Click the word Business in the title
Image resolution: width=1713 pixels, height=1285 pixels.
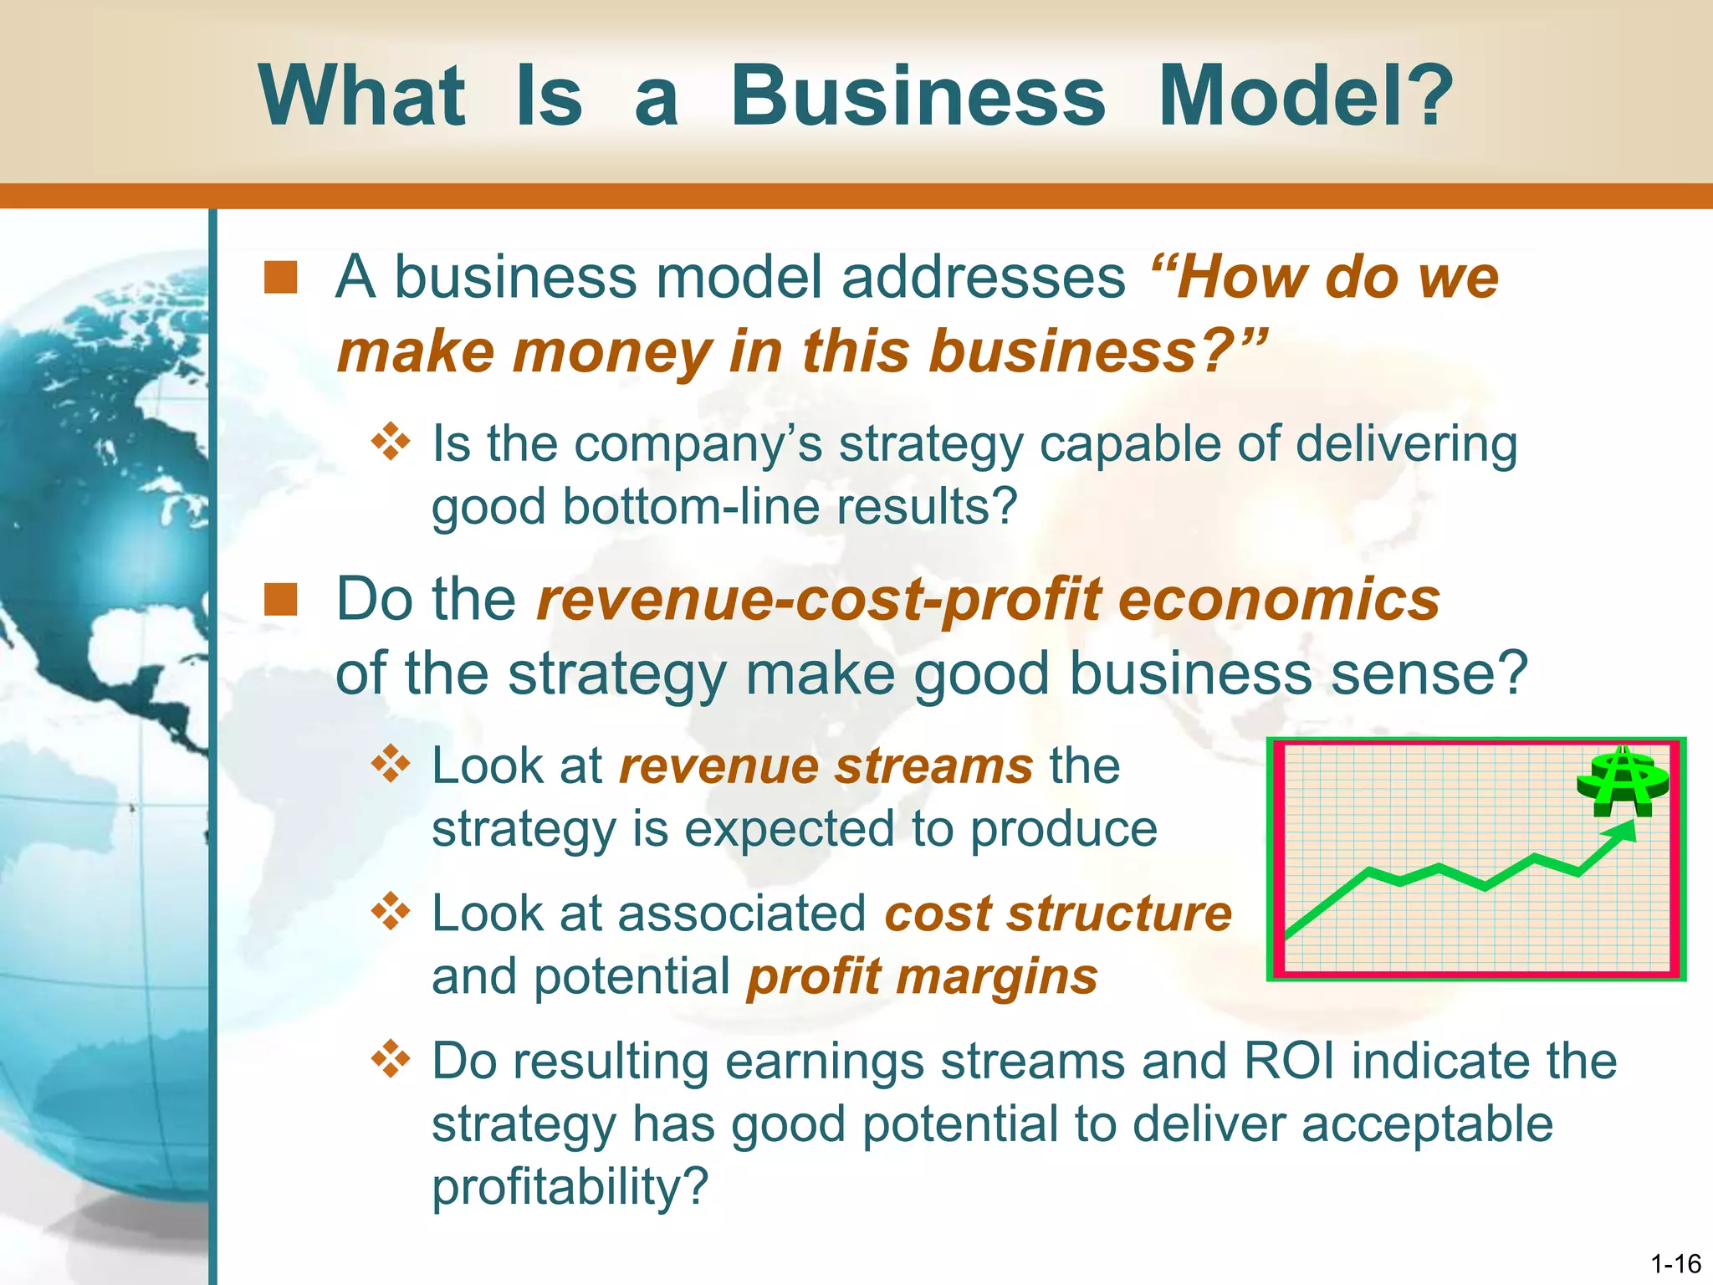tap(918, 96)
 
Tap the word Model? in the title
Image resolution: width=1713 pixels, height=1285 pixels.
tap(1306, 96)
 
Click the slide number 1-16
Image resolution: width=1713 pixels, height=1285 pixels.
tap(1676, 1263)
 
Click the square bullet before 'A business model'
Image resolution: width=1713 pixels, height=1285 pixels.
tap(281, 278)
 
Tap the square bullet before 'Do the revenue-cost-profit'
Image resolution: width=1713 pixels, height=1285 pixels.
tap(281, 600)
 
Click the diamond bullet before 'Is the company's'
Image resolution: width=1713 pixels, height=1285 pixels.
tap(391, 442)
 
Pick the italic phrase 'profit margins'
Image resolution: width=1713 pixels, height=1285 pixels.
tap(922, 977)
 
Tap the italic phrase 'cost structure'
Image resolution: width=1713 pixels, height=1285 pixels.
tap(1058, 914)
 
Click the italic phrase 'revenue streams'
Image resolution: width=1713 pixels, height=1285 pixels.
tap(826, 766)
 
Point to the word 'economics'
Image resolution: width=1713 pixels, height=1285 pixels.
tap(1279, 601)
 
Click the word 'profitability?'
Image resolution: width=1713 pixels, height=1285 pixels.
tap(570, 1186)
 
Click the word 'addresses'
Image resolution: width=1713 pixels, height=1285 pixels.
tap(984, 278)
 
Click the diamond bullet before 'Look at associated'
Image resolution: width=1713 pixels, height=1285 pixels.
tap(391, 912)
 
